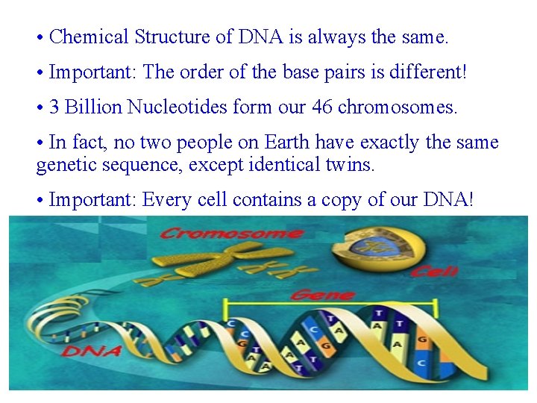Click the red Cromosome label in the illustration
point(232,234)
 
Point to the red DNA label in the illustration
point(92,349)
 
